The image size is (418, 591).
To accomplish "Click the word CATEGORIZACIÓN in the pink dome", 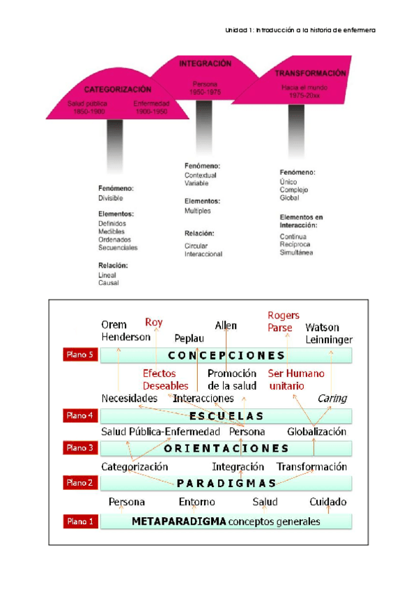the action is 118,90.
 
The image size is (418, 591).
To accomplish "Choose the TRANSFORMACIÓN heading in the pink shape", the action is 311,74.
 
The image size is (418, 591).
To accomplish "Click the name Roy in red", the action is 153,322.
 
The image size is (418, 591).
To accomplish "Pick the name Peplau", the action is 188,337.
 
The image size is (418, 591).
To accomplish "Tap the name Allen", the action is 226,325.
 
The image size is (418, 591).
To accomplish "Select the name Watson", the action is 323,327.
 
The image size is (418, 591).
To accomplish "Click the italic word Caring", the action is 332,398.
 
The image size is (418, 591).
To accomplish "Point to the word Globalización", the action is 317,431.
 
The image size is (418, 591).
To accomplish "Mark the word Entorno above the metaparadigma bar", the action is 196,502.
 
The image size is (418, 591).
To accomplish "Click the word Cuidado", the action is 328,502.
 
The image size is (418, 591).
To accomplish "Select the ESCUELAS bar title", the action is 227,416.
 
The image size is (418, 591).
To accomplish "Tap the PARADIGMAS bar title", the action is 226,483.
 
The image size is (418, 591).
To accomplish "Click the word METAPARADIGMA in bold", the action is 177,521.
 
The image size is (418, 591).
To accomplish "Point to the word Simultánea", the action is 297,252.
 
